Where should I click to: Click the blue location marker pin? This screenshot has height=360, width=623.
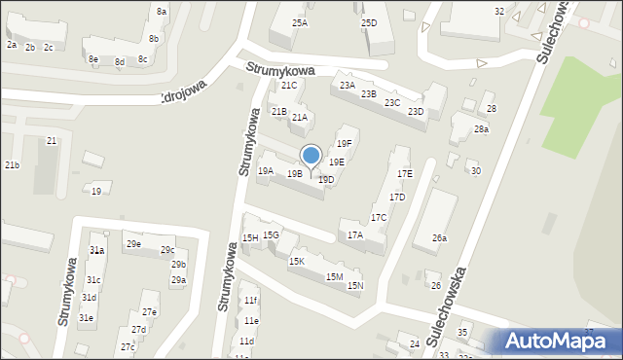pos(311,157)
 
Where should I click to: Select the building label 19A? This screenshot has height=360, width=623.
pos(265,171)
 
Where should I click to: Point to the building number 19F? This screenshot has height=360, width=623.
pos(344,144)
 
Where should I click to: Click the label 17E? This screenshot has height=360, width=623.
pos(404,173)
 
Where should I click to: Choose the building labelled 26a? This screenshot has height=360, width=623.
pos(439,238)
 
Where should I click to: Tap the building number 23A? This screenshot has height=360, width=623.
pos(347,86)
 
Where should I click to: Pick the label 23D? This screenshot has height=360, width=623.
pos(416,112)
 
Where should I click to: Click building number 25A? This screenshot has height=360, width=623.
pos(299,22)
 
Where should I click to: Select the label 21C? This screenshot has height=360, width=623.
pos(289,86)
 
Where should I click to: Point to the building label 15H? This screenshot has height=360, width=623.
pos(250,238)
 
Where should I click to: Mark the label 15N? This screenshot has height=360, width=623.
pos(355,285)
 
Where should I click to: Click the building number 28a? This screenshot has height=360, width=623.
pos(481,129)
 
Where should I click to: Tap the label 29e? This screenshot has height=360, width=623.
pos(132,244)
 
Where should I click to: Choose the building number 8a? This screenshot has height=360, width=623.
pos(162,11)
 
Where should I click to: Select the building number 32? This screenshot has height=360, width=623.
pos(499,11)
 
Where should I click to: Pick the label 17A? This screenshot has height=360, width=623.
pos(354,235)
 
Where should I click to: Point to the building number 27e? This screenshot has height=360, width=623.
pos(149,312)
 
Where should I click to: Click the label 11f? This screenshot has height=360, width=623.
pos(251,301)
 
